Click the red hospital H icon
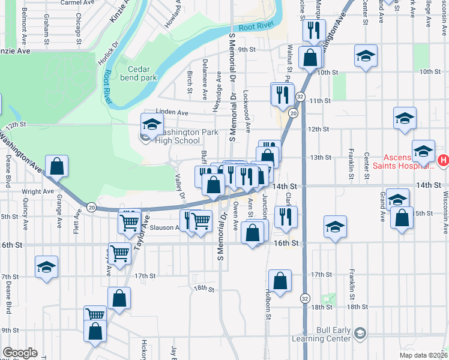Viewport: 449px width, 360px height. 443,160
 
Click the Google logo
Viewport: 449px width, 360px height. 19,353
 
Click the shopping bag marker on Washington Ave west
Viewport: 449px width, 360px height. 56,166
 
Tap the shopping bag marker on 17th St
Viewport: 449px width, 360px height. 280,281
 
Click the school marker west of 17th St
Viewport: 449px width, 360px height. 46,268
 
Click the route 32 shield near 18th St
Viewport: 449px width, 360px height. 306,298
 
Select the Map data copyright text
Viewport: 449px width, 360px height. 423,355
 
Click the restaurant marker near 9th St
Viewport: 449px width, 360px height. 314,31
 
